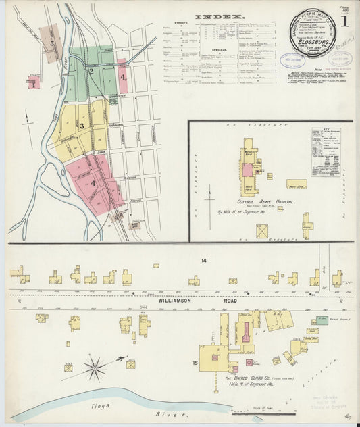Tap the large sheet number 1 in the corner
[x=344, y=21]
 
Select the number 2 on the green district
[x=91, y=71]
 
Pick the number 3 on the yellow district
[x=82, y=126]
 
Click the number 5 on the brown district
[x=51, y=42]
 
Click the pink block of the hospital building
[x=248, y=170]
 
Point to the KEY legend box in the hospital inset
[x=326, y=152]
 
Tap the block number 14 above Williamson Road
[x=203, y=260]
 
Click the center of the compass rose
[x=94, y=368]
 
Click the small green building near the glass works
[x=323, y=320]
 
